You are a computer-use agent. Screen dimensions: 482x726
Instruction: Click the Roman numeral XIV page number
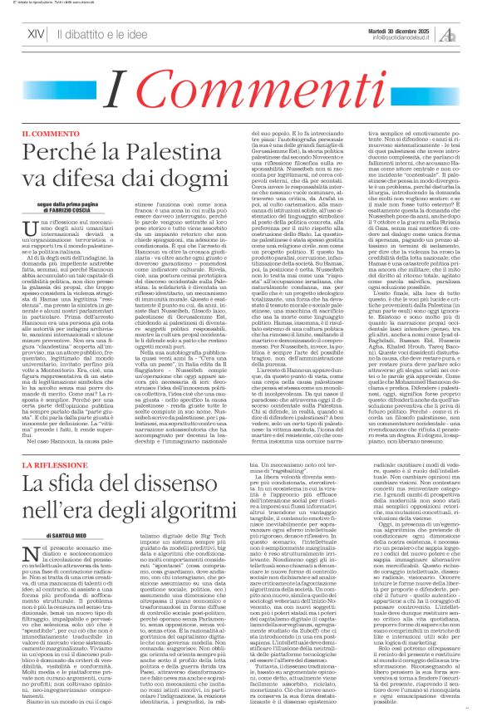[35, 34]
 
